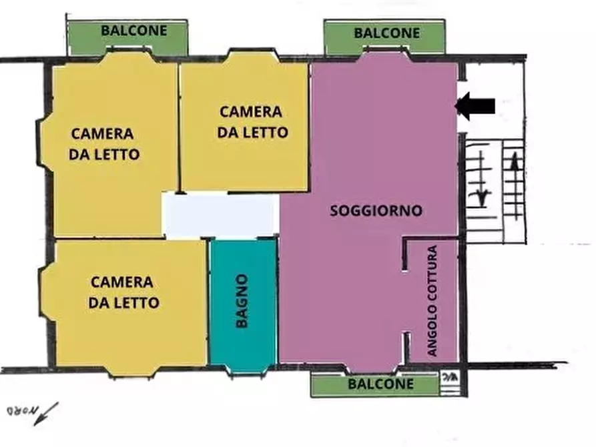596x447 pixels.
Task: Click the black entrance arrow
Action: (475, 105)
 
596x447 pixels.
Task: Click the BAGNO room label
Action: (242, 301)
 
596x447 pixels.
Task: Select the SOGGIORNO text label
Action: (376, 211)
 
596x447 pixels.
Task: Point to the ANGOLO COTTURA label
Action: (432, 301)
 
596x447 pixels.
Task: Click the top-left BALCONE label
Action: (133, 31)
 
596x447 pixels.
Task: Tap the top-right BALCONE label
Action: (387, 33)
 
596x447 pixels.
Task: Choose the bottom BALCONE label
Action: (382, 384)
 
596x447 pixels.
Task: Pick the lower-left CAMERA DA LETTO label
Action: (123, 292)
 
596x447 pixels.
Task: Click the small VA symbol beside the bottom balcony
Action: (449, 378)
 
